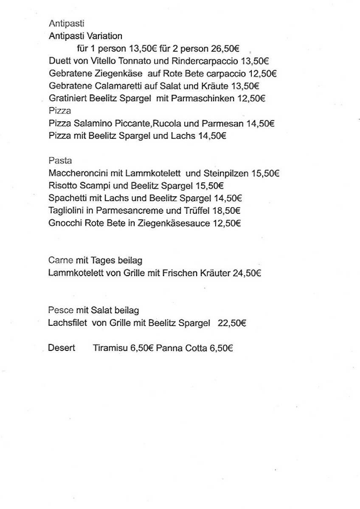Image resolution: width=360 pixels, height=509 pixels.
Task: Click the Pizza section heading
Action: tap(60, 111)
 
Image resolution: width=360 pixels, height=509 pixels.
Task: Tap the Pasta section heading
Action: tap(60, 161)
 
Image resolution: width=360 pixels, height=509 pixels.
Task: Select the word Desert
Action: tap(62, 348)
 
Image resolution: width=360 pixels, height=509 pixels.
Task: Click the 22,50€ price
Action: tap(232, 323)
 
